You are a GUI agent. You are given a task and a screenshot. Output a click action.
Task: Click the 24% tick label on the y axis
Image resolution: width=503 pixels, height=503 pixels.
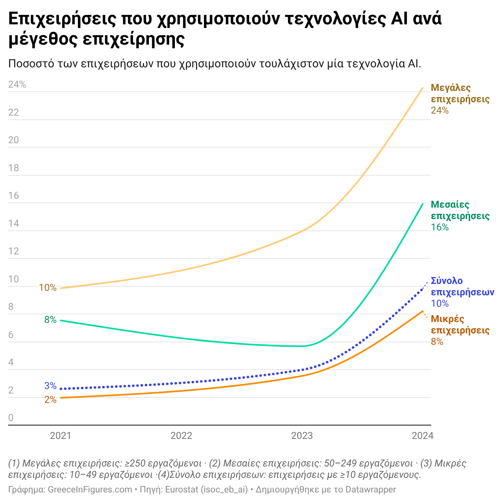(17, 84)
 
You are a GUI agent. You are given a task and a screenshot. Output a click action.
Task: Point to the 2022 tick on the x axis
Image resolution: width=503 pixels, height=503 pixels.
(181, 436)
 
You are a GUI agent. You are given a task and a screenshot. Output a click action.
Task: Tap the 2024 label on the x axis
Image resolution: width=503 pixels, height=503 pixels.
(422, 436)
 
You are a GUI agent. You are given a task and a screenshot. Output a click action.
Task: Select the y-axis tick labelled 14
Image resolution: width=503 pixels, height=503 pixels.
(14, 224)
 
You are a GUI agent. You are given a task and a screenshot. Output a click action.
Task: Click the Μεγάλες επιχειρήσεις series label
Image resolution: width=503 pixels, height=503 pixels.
(460, 93)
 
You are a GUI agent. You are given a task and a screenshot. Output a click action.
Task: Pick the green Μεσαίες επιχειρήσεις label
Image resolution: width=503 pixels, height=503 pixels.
(460, 210)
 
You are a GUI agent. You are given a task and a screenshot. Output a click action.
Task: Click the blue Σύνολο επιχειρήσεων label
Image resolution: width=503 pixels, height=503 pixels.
(462, 286)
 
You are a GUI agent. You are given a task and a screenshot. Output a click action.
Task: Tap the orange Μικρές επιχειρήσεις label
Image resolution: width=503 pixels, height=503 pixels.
(460, 325)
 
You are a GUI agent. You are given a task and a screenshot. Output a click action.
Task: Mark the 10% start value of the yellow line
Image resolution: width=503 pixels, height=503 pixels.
(48, 288)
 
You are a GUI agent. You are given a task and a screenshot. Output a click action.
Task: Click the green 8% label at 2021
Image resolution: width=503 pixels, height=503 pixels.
(50, 320)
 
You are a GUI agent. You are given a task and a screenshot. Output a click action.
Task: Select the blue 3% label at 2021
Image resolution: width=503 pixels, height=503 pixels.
(50, 386)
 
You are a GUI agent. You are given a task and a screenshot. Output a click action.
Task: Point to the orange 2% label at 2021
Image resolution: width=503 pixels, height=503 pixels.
(50, 400)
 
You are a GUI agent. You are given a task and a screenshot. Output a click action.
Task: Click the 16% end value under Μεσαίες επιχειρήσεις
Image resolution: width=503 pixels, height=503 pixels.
(440, 227)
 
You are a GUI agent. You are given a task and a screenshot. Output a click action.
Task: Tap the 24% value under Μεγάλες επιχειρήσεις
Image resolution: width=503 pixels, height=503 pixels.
(440, 110)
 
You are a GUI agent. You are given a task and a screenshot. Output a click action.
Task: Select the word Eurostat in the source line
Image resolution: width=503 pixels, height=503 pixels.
(181, 490)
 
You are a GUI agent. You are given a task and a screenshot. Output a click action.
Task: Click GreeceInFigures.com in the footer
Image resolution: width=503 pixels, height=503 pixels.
(90, 490)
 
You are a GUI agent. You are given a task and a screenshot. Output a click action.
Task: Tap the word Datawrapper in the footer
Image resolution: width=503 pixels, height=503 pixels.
(370, 490)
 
